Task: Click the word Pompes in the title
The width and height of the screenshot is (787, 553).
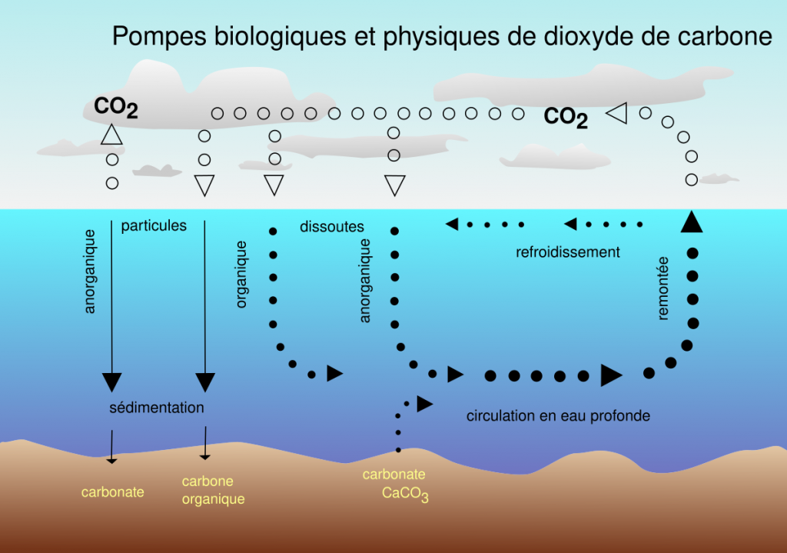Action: [159, 37]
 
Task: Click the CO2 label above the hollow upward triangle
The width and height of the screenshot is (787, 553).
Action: [116, 107]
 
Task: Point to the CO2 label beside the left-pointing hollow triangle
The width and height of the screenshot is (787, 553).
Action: [566, 117]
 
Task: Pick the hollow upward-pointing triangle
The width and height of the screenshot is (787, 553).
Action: [111, 135]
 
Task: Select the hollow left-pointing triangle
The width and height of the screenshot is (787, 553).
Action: [617, 113]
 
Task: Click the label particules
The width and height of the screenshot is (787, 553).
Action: [154, 226]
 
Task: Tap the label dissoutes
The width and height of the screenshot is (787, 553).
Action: [332, 227]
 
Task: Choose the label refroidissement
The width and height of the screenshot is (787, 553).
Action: [568, 252]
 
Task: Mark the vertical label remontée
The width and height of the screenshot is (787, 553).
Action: [663, 288]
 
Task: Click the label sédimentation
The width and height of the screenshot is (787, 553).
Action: [157, 408]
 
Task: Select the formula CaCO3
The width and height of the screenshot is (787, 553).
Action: [405, 494]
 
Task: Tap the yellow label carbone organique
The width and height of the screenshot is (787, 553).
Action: [214, 490]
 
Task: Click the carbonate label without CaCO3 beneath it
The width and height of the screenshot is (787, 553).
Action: [112, 492]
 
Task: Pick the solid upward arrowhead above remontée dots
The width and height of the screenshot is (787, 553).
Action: [692, 222]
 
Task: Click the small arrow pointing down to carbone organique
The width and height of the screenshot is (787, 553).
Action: [204, 443]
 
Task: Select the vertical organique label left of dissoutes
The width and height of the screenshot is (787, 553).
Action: [241, 275]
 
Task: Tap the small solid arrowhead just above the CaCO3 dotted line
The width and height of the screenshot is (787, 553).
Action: [424, 404]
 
